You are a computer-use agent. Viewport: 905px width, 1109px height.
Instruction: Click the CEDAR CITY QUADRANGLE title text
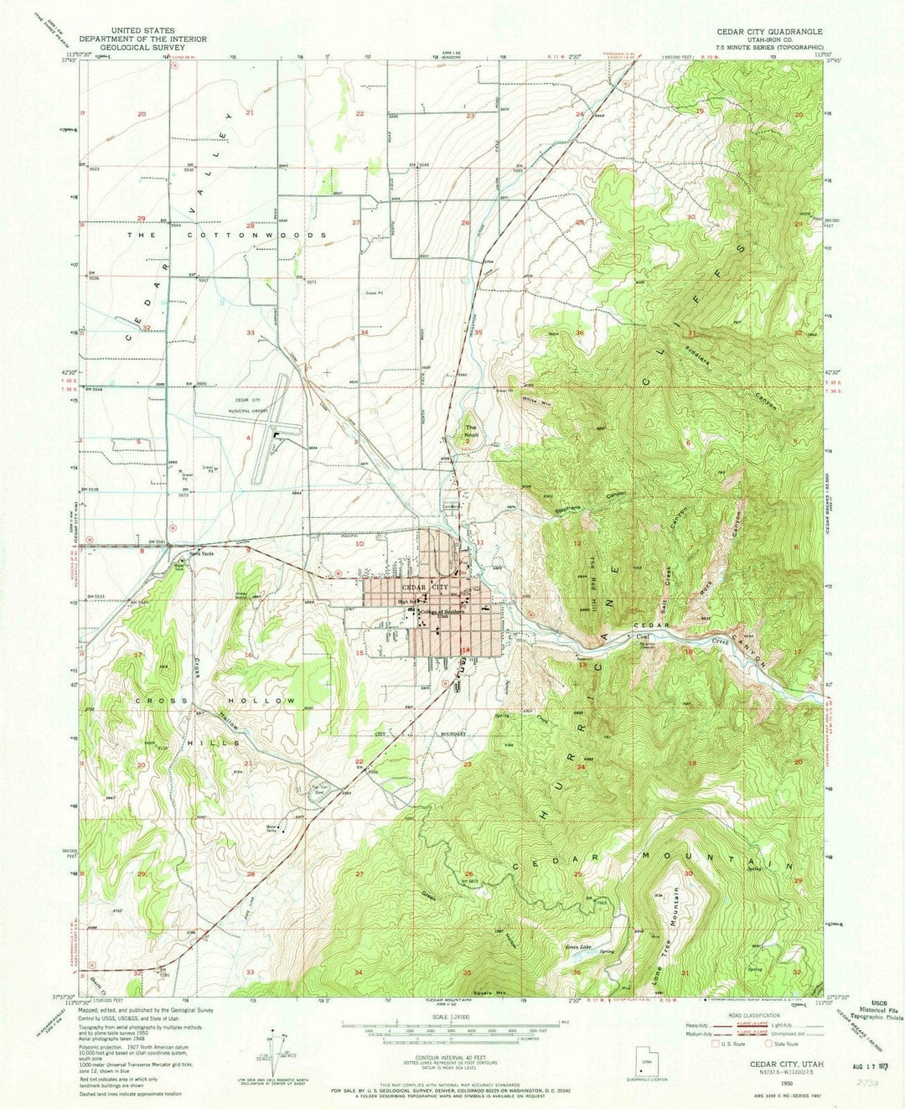click(768, 31)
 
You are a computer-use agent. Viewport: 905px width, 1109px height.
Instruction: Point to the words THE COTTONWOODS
click(226, 236)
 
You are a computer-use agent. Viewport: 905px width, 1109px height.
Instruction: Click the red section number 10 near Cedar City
click(359, 544)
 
